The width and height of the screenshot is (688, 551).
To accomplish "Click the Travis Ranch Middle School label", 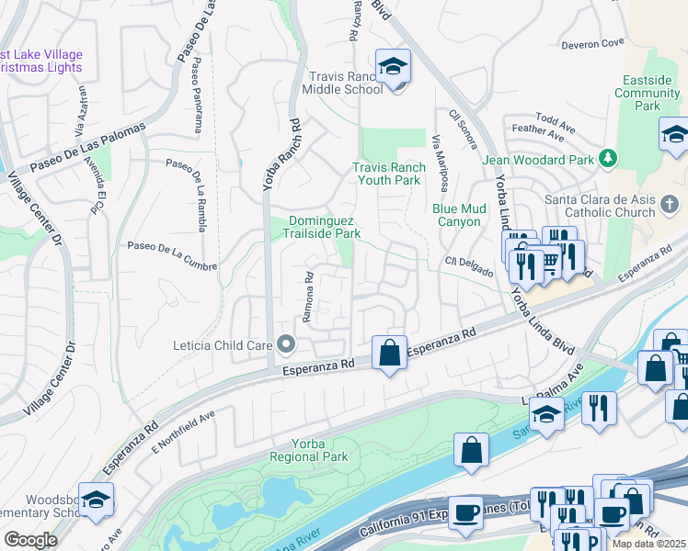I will (346, 83).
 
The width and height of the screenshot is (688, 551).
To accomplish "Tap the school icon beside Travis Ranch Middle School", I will (394, 66).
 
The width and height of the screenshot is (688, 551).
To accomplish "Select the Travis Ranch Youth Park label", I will (389, 174).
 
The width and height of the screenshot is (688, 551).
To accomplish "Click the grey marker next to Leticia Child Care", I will (286, 345).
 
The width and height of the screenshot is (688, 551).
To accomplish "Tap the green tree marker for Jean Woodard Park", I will (607, 159).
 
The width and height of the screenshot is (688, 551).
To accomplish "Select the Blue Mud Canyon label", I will (457, 215).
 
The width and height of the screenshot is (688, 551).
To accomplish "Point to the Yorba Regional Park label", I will (309, 450).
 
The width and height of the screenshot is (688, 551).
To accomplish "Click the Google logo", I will (30, 540).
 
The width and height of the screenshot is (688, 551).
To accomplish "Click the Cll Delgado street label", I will (472, 267).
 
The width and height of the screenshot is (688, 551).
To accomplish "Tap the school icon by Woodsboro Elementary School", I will (96, 499).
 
